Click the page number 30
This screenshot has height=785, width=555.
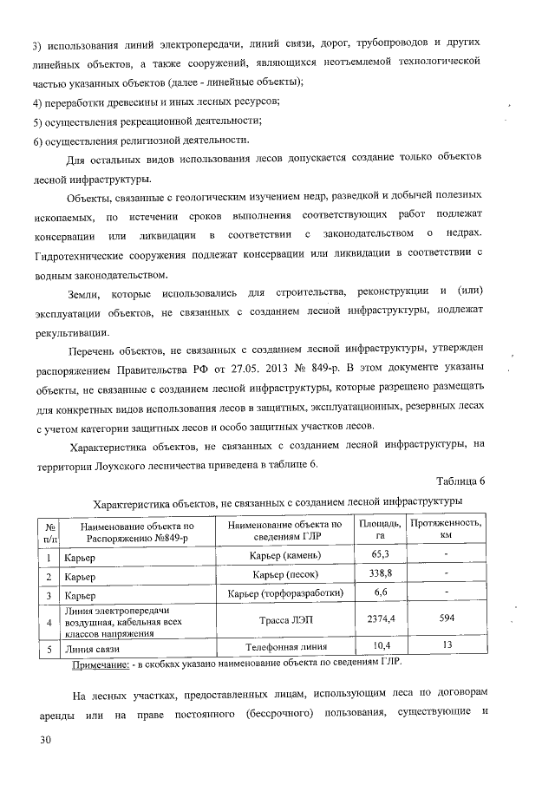point(40,740)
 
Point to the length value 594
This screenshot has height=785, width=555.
point(447,622)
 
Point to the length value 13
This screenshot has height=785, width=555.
point(447,646)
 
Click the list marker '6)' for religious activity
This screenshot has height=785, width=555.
point(38,141)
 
